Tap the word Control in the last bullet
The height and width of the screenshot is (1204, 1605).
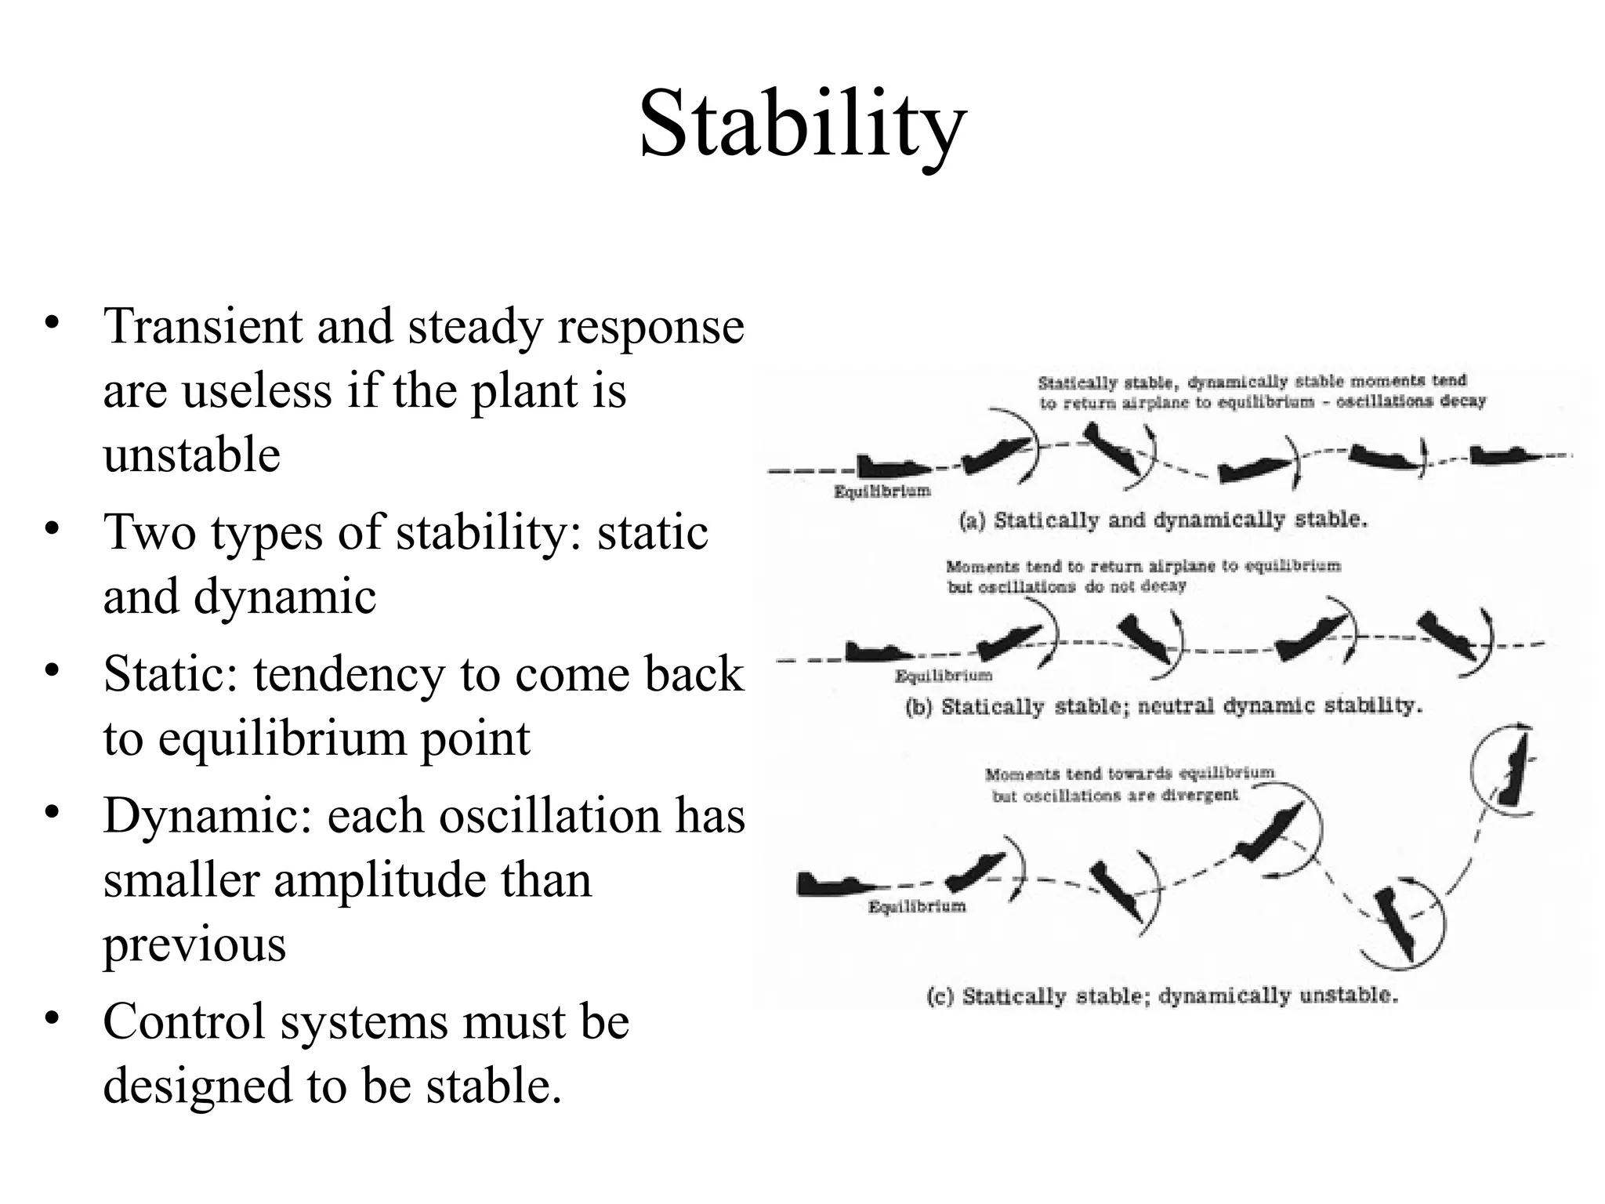tap(184, 1022)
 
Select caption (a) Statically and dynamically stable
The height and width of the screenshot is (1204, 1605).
tap(1163, 520)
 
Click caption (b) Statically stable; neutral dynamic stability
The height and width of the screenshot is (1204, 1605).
tap(1163, 707)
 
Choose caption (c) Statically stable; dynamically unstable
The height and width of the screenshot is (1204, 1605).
tap(1161, 997)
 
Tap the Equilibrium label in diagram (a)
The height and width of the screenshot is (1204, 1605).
tap(882, 491)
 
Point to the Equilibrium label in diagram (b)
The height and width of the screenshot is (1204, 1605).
tap(944, 676)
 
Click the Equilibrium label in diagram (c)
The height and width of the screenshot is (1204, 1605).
tap(917, 907)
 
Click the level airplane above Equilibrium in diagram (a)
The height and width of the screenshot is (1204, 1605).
tap(892, 467)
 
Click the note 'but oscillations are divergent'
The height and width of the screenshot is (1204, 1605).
tap(1114, 796)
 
